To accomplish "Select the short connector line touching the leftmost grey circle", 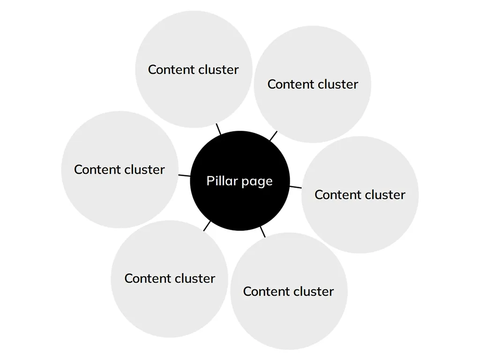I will tap(184, 176).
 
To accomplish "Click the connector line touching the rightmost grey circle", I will tap(295, 187).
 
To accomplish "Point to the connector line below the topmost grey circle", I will tap(218, 129).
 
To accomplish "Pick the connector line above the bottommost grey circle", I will tap(263, 232).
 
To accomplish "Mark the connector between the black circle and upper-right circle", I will tap(273, 136).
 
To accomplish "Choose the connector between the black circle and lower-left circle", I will tap(207, 225).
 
